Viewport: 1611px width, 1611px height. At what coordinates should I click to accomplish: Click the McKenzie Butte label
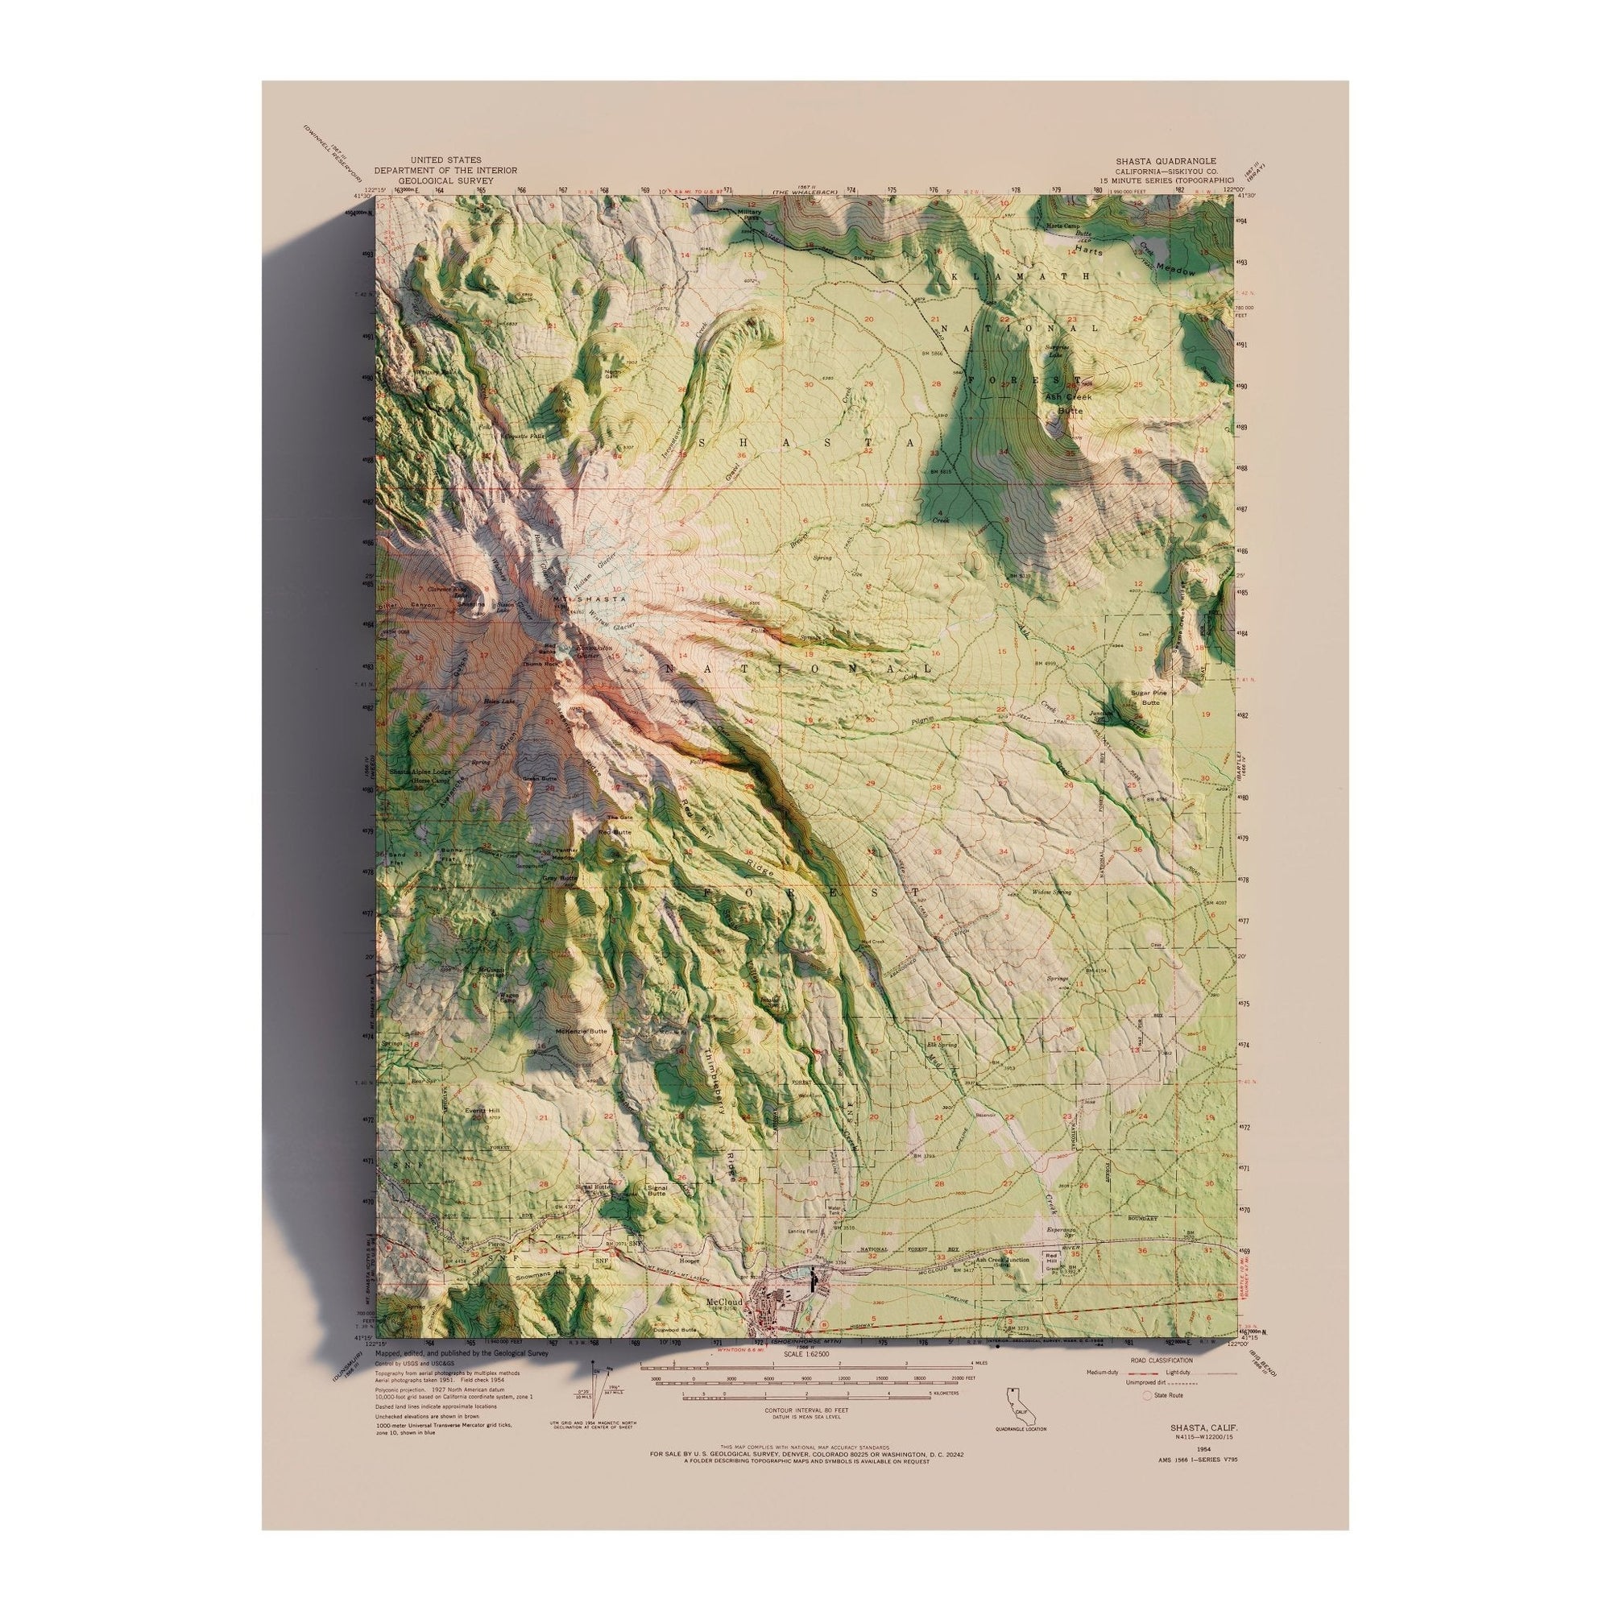[x=589, y=1032]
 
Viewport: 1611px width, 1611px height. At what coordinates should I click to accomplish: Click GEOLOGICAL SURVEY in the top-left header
[x=445, y=180]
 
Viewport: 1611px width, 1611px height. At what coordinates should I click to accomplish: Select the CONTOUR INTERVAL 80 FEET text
[x=805, y=1431]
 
